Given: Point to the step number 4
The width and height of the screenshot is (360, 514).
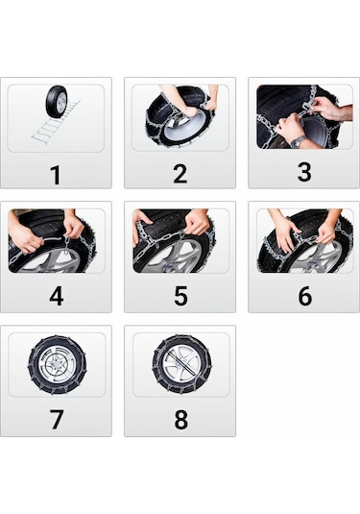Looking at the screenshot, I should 56,297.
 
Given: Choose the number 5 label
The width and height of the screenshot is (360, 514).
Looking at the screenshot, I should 180,297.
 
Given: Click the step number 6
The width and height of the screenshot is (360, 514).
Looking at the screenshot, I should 303,297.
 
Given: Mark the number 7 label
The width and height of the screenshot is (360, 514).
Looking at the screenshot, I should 56,421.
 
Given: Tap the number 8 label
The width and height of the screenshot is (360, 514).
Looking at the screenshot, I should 180,421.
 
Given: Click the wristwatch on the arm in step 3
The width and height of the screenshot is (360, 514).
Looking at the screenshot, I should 298,141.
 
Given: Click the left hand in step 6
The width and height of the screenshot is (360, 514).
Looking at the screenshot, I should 286,232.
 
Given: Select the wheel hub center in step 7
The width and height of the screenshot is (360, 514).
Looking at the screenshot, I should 56,365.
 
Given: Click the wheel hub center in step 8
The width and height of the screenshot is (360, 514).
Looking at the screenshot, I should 180,365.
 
